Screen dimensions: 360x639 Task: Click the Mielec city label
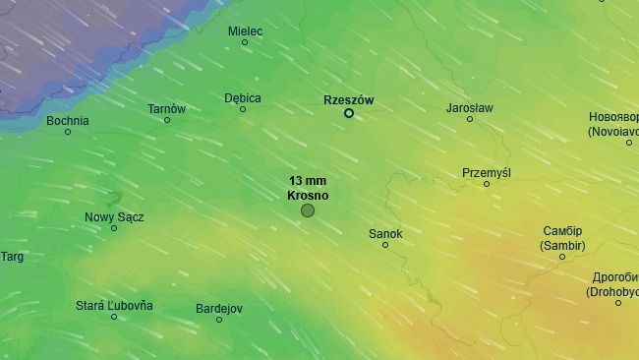pyautogui.click(x=245, y=30)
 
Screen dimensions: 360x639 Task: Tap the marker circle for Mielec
pyautogui.click(x=245, y=42)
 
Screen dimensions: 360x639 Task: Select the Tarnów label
pyautogui.click(x=166, y=108)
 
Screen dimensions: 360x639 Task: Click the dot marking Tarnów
pyautogui.click(x=167, y=120)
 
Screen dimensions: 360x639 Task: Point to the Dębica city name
pyautogui.click(x=242, y=97)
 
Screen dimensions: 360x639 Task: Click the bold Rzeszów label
pyautogui.click(x=348, y=100)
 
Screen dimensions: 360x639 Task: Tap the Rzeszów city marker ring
pyautogui.click(x=348, y=113)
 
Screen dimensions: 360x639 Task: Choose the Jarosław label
pyautogui.click(x=469, y=107)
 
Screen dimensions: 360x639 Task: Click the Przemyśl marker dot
pyautogui.click(x=487, y=184)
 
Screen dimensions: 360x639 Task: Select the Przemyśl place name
pyautogui.click(x=487, y=172)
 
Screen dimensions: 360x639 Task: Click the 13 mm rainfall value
pyautogui.click(x=308, y=181)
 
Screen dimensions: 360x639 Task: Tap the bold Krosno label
pyautogui.click(x=308, y=196)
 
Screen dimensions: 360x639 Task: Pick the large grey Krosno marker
pyautogui.click(x=308, y=210)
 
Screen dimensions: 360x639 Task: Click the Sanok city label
pyautogui.click(x=385, y=233)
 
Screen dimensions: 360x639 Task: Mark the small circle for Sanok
pyautogui.click(x=385, y=245)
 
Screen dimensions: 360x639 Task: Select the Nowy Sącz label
pyautogui.click(x=113, y=216)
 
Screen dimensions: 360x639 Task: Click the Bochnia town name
pyautogui.click(x=68, y=120)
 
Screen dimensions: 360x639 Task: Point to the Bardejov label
pyautogui.click(x=218, y=308)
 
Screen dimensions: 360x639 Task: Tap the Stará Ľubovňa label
pyautogui.click(x=114, y=305)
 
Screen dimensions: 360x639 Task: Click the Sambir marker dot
pyautogui.click(x=562, y=257)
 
